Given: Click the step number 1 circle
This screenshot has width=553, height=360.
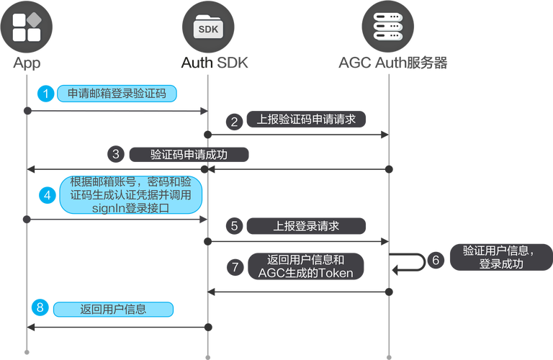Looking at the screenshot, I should pyautogui.click(x=47, y=94).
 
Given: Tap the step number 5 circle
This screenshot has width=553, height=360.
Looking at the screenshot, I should pyautogui.click(x=234, y=226).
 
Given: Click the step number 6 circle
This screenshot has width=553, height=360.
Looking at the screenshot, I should pyautogui.click(x=434, y=259).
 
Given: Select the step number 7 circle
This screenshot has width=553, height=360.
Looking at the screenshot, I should pyautogui.click(x=234, y=266).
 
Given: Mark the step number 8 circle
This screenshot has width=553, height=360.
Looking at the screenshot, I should pyautogui.click(x=41, y=309).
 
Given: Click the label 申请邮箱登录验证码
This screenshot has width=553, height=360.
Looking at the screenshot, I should pyautogui.click(x=117, y=94).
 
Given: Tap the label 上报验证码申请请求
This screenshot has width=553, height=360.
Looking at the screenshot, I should pyautogui.click(x=307, y=120).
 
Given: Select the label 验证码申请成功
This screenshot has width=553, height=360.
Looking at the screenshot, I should pyautogui.click(x=189, y=154).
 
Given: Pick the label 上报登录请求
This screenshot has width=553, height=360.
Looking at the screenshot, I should pyautogui.click(x=307, y=226).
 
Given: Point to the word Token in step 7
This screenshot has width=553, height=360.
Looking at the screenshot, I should pyautogui.click(x=336, y=273).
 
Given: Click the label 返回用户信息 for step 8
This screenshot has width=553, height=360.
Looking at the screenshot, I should pyautogui.click(x=114, y=310).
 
